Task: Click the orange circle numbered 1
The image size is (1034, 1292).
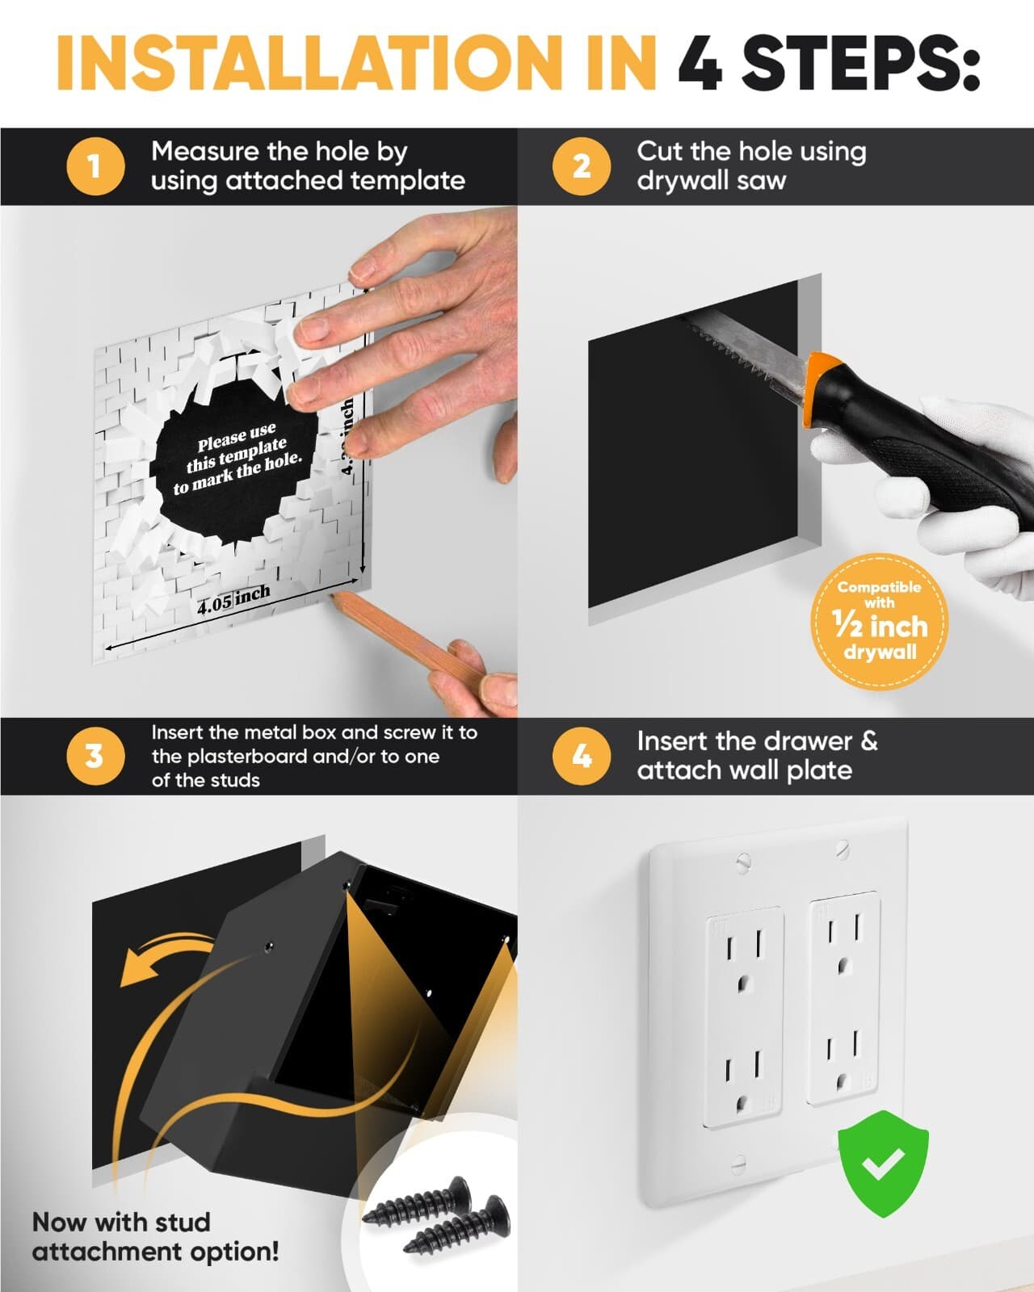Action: [95, 166]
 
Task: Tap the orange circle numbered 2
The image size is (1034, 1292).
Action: [581, 166]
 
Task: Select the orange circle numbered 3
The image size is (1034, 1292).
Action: [95, 757]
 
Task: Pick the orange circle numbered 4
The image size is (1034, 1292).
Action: [581, 757]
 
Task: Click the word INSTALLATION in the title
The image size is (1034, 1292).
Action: [356, 63]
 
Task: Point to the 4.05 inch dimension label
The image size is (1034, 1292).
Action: [233, 599]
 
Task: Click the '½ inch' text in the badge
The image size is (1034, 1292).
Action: [880, 626]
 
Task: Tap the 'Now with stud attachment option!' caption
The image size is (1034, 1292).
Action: [155, 1236]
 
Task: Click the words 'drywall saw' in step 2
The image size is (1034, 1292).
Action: [711, 180]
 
